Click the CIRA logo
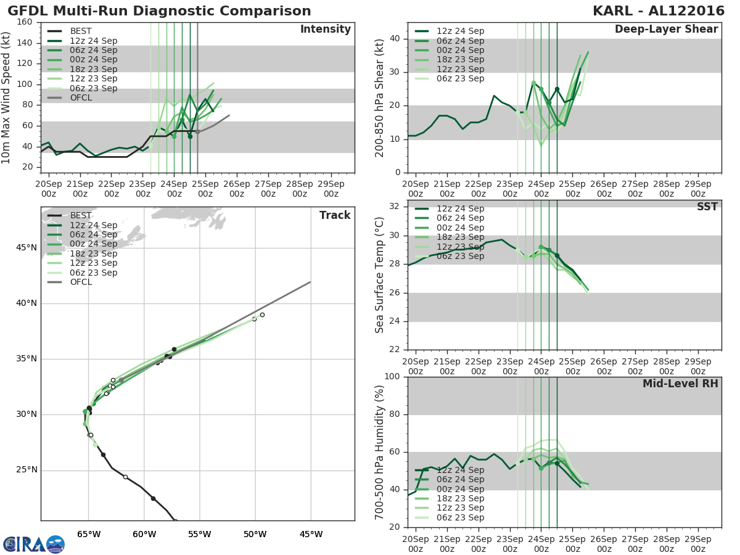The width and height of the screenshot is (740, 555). pos(33,544)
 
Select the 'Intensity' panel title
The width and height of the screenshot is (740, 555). pos(325,30)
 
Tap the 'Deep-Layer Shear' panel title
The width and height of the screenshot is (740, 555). pos(666,30)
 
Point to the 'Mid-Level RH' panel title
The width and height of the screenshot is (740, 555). pos(680,384)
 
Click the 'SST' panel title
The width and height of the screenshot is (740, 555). pos(707,207)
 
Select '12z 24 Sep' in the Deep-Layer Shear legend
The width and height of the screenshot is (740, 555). pos(460,31)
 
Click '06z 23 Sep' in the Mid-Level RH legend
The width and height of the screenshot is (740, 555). pos(460,517)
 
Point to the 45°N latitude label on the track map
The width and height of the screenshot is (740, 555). pos(26,248)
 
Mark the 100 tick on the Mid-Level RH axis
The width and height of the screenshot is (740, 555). pos(390,377)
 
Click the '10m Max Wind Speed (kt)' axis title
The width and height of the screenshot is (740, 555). pos(7,97)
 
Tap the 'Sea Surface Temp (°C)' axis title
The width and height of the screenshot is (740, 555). pos(380,274)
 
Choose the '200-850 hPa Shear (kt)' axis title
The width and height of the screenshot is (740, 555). pos(380,97)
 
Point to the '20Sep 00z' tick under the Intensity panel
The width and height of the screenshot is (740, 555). pos(49,189)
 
